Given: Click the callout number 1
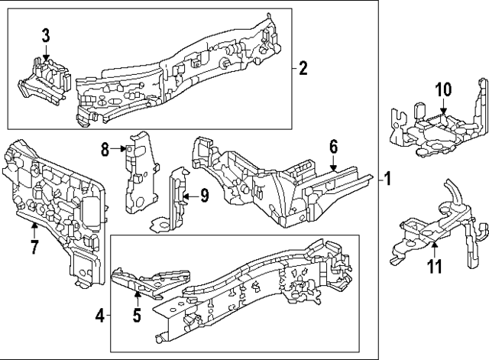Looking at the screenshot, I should (x=388, y=180).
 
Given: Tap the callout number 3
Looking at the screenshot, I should (x=46, y=34).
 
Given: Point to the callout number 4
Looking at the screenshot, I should (x=101, y=313).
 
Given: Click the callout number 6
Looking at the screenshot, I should (x=333, y=146).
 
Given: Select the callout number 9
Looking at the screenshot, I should (x=204, y=196).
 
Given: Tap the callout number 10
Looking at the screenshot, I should (x=443, y=89).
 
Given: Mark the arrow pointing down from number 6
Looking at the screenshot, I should (x=333, y=161).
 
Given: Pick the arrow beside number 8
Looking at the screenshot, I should (x=121, y=150).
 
